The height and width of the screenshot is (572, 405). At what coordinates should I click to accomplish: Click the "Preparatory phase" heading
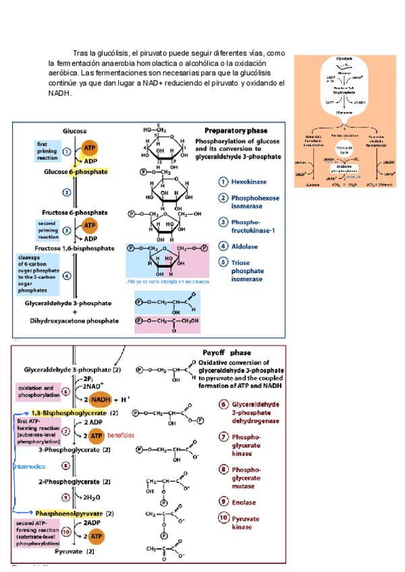pyautogui.click(x=235, y=130)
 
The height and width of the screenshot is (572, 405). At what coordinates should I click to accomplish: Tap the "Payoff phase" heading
pyautogui.click(x=227, y=353)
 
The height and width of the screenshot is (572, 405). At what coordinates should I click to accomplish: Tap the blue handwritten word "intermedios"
pyautogui.click(x=29, y=465)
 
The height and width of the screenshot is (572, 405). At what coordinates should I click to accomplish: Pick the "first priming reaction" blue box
pyautogui.click(x=48, y=150)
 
